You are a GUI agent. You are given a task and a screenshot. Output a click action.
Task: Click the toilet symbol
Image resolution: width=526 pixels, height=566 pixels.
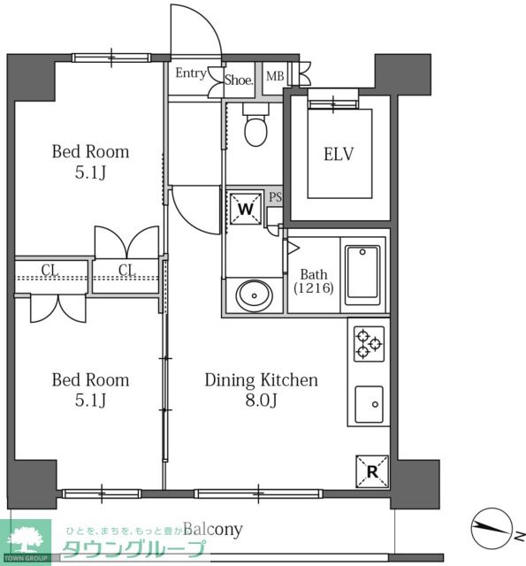pyautogui.click(x=255, y=124)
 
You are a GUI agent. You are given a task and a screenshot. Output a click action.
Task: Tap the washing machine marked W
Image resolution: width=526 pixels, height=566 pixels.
pyautogui.click(x=246, y=209)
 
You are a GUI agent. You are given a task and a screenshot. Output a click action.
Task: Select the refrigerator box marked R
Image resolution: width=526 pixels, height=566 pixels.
pyautogui.click(x=372, y=471)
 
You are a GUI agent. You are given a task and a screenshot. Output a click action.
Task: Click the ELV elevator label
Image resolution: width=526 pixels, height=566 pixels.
pyautogui.click(x=339, y=154)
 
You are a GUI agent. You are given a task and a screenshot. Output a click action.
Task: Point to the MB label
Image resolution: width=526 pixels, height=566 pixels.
pyautogui.click(x=275, y=76)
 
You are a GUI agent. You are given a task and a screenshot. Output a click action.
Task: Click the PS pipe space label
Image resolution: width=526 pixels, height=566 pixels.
pyautogui.click(x=275, y=197)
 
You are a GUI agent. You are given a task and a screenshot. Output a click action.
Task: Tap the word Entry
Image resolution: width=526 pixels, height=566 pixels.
pyautogui.click(x=191, y=73)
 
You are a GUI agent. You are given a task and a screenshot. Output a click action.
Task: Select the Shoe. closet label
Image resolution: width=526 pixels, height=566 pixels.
pyautogui.click(x=239, y=80)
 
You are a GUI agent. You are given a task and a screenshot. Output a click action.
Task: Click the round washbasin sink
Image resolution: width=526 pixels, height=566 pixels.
pyautogui.click(x=254, y=295)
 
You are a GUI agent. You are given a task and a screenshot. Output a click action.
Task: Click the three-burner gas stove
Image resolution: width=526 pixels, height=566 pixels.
pyautogui.click(x=369, y=344)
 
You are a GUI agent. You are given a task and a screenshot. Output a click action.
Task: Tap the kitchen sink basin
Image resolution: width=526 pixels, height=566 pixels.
pyautogui.click(x=369, y=404)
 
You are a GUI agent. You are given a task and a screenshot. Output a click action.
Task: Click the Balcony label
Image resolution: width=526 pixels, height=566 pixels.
pyautogui.click(x=213, y=530)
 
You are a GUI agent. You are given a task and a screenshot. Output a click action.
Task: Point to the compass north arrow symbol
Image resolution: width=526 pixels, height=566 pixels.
pyautogui.click(x=492, y=528)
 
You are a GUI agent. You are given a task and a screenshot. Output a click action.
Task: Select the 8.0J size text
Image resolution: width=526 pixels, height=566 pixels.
pyautogui.click(x=261, y=400)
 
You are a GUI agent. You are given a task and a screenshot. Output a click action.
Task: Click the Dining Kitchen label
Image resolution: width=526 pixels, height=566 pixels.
pyautogui.click(x=261, y=380)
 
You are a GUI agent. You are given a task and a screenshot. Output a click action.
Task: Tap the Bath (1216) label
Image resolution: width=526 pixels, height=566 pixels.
pyautogui.click(x=314, y=281)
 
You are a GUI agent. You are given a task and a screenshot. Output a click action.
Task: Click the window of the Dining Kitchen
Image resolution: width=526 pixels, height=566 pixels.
pyautogui.click(x=258, y=493)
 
